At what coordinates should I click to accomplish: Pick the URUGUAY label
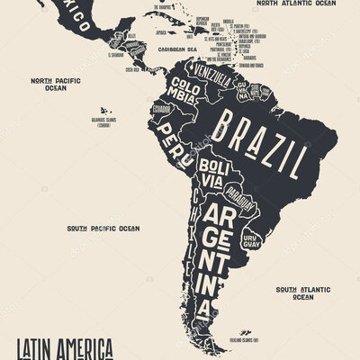pos(252,230)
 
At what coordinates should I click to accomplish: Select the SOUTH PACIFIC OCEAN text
pos(103,229)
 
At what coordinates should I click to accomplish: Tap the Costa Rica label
pos(132,68)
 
